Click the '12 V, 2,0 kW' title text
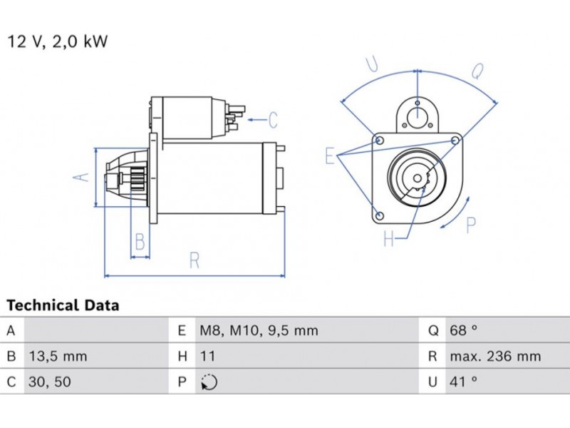tap(57, 41)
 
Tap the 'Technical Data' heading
tap(63, 306)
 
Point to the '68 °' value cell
tap(463, 331)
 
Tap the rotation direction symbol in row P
tap(209, 382)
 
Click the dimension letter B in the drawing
tap(140, 242)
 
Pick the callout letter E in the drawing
tap(330, 156)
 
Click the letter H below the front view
tap(389, 240)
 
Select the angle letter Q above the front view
tap(478, 71)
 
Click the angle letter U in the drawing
tap(373, 66)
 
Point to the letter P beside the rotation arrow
tap(470, 225)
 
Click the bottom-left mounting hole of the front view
tap(380, 215)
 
